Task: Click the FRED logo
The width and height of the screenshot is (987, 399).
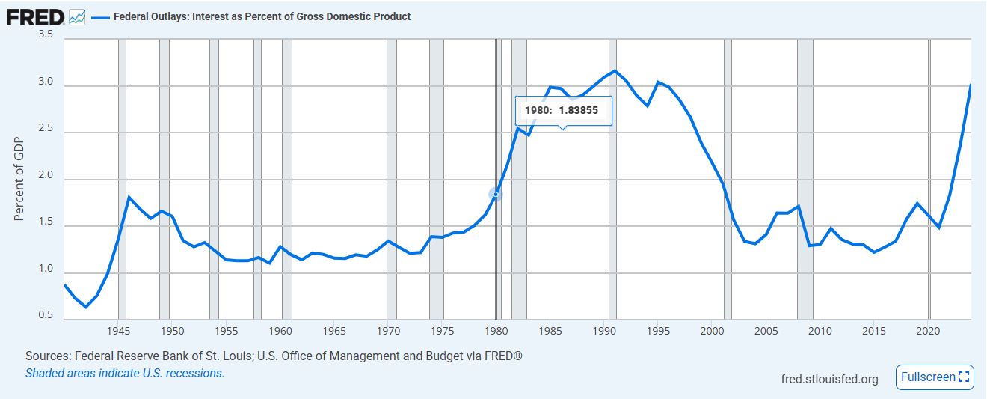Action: [34, 16]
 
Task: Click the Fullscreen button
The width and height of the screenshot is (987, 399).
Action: [935, 377]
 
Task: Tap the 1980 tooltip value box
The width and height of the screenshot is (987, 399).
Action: [563, 111]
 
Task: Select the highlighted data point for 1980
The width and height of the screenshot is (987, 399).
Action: [496, 195]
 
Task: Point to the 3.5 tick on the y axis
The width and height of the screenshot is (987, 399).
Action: [45, 35]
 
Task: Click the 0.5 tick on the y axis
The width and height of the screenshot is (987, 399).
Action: [45, 315]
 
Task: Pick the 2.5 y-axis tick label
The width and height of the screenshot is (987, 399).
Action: [45, 129]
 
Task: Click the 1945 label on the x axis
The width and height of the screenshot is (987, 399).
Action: [118, 330]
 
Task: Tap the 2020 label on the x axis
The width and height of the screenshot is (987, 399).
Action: [928, 330]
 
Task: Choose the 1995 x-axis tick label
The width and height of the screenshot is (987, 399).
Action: [658, 330]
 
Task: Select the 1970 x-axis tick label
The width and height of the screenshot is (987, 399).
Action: [388, 330]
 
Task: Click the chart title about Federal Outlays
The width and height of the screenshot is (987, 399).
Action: [262, 16]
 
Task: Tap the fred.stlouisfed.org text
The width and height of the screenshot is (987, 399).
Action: [828, 378]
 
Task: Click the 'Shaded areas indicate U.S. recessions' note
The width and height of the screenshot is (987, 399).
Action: [125, 373]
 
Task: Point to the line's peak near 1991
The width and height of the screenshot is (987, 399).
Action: [615, 71]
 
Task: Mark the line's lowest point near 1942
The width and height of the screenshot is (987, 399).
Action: [86, 307]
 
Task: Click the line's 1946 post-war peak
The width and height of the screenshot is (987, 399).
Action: [129, 197]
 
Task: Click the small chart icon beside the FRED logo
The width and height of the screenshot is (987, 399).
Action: [77, 16]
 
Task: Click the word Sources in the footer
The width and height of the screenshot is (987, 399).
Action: [46, 356]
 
